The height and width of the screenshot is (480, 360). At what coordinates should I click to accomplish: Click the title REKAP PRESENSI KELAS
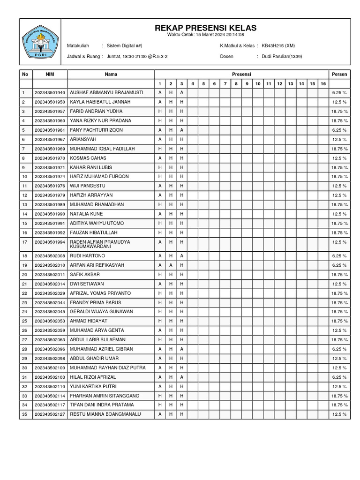(205, 29)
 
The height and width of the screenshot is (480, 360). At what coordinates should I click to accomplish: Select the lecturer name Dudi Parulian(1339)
(282, 56)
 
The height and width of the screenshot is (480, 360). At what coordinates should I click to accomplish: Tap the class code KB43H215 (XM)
(278, 45)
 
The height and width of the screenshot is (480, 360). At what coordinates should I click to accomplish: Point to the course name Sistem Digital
(124, 45)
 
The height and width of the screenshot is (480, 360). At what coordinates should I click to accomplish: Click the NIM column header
(50, 74)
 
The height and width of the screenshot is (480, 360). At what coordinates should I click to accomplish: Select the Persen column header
(339, 74)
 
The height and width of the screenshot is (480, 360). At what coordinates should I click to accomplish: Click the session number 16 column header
(323, 83)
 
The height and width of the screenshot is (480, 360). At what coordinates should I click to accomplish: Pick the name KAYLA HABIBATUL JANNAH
(100, 102)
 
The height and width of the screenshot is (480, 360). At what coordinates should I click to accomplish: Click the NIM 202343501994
(50, 242)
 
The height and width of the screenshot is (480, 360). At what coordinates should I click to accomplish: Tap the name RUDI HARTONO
(88, 256)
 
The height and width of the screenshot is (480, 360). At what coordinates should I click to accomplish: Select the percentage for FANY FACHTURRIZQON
(339, 130)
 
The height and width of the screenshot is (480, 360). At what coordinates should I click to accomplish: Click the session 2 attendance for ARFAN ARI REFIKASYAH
(171, 265)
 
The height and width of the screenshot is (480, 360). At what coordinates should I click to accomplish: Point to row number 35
(24, 414)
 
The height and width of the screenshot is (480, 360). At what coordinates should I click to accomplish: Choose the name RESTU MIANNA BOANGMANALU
(105, 414)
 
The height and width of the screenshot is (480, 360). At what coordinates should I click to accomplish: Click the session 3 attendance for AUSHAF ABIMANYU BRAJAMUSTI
(181, 92)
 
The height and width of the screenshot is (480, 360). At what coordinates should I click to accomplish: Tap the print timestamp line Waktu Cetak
(205, 35)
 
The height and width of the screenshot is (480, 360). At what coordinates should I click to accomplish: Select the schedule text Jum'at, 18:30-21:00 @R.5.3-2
(137, 56)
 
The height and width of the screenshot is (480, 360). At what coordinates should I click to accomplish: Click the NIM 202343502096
(50, 349)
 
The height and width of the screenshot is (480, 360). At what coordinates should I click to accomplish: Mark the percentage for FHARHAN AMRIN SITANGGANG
(339, 396)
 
